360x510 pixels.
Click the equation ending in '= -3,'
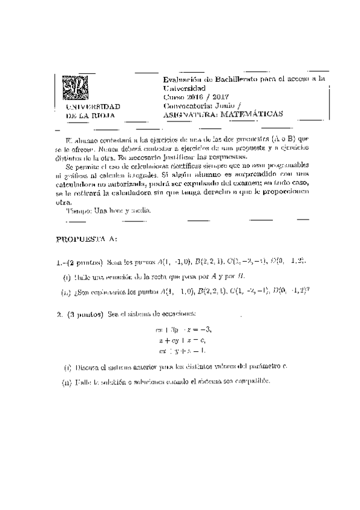click(184, 330)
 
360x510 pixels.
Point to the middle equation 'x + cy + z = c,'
click(184, 340)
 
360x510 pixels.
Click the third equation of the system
click(183, 350)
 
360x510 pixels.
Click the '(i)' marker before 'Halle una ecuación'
click(67, 277)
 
